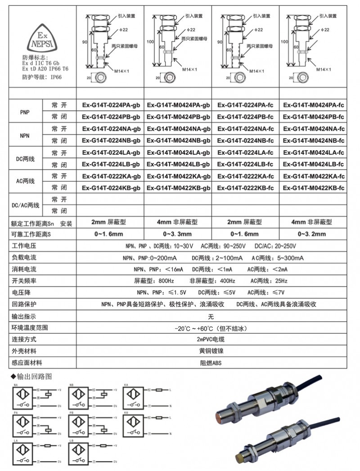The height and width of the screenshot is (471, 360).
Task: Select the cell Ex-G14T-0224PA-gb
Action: tap(111, 105)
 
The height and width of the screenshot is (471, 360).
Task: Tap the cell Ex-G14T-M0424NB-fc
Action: tap(313, 140)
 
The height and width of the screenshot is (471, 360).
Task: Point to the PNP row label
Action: tap(25, 111)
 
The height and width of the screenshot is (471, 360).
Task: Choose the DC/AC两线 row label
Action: tap(25, 205)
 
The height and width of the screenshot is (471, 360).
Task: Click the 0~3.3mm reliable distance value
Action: tap(178, 234)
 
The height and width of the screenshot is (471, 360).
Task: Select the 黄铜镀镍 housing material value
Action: tap(211, 351)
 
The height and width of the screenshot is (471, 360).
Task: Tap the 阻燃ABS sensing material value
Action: tap(211, 363)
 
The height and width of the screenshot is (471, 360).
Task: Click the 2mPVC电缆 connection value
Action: tap(211, 339)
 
